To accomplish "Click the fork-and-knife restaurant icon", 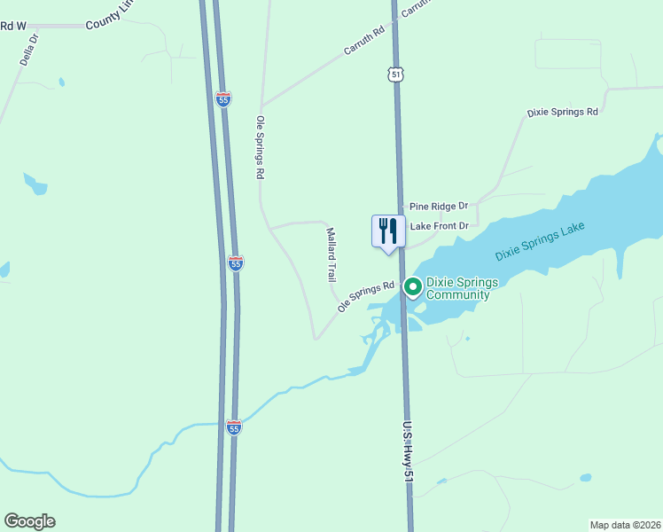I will pyautogui.click(x=387, y=231).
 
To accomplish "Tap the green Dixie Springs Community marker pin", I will pyautogui.click(x=413, y=286).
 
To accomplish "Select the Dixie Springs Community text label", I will pyautogui.click(x=462, y=288).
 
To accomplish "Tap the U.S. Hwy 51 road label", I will pyautogui.click(x=408, y=451).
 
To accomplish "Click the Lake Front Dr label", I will pyautogui.click(x=438, y=226).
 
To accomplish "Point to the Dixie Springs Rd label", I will pyautogui.click(x=562, y=113).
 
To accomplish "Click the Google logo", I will pyautogui.click(x=29, y=521).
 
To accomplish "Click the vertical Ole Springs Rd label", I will pyautogui.click(x=261, y=148).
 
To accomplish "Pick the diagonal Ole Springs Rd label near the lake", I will pyautogui.click(x=365, y=297).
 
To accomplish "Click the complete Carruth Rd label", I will pyautogui.click(x=364, y=41).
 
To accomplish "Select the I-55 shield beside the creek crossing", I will pyautogui.click(x=233, y=427).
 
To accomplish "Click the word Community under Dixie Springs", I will pyautogui.click(x=457, y=294).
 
